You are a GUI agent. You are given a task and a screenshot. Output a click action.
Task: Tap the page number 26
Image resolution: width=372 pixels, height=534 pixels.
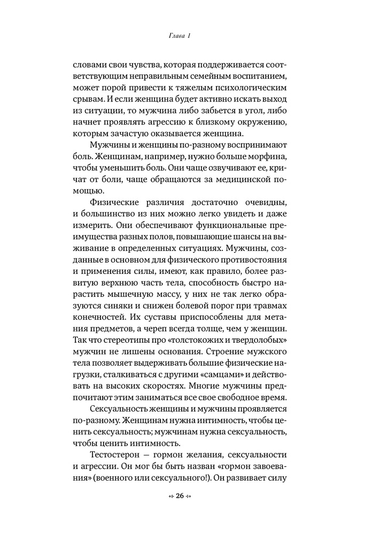[x=180, y=496]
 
